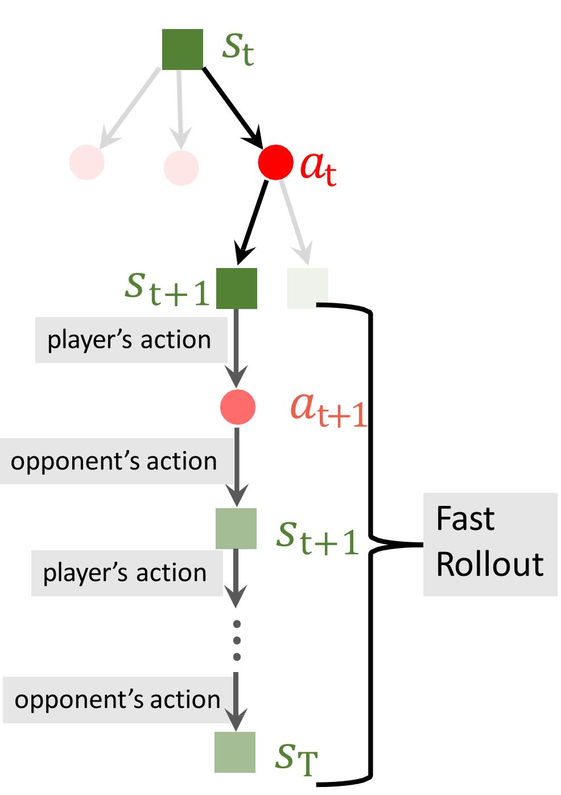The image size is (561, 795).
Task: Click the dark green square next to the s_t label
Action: point(182,50)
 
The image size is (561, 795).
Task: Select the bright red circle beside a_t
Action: point(275,162)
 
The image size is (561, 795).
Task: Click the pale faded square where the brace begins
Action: point(307,288)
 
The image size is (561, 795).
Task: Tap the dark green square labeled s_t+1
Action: point(236,288)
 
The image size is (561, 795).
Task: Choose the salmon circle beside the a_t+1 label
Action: point(238,407)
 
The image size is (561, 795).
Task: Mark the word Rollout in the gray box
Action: point(489,565)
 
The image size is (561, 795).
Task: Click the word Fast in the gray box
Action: point(465,519)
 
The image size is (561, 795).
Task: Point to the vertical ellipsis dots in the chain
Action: point(237,640)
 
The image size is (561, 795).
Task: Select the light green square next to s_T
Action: point(235,752)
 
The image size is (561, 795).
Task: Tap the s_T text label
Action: point(295,757)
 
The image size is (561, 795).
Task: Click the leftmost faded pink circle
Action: point(87,162)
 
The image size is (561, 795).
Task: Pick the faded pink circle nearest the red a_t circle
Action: point(181,167)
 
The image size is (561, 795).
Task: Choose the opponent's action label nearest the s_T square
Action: point(117,699)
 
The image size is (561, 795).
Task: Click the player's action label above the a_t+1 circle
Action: point(129,340)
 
